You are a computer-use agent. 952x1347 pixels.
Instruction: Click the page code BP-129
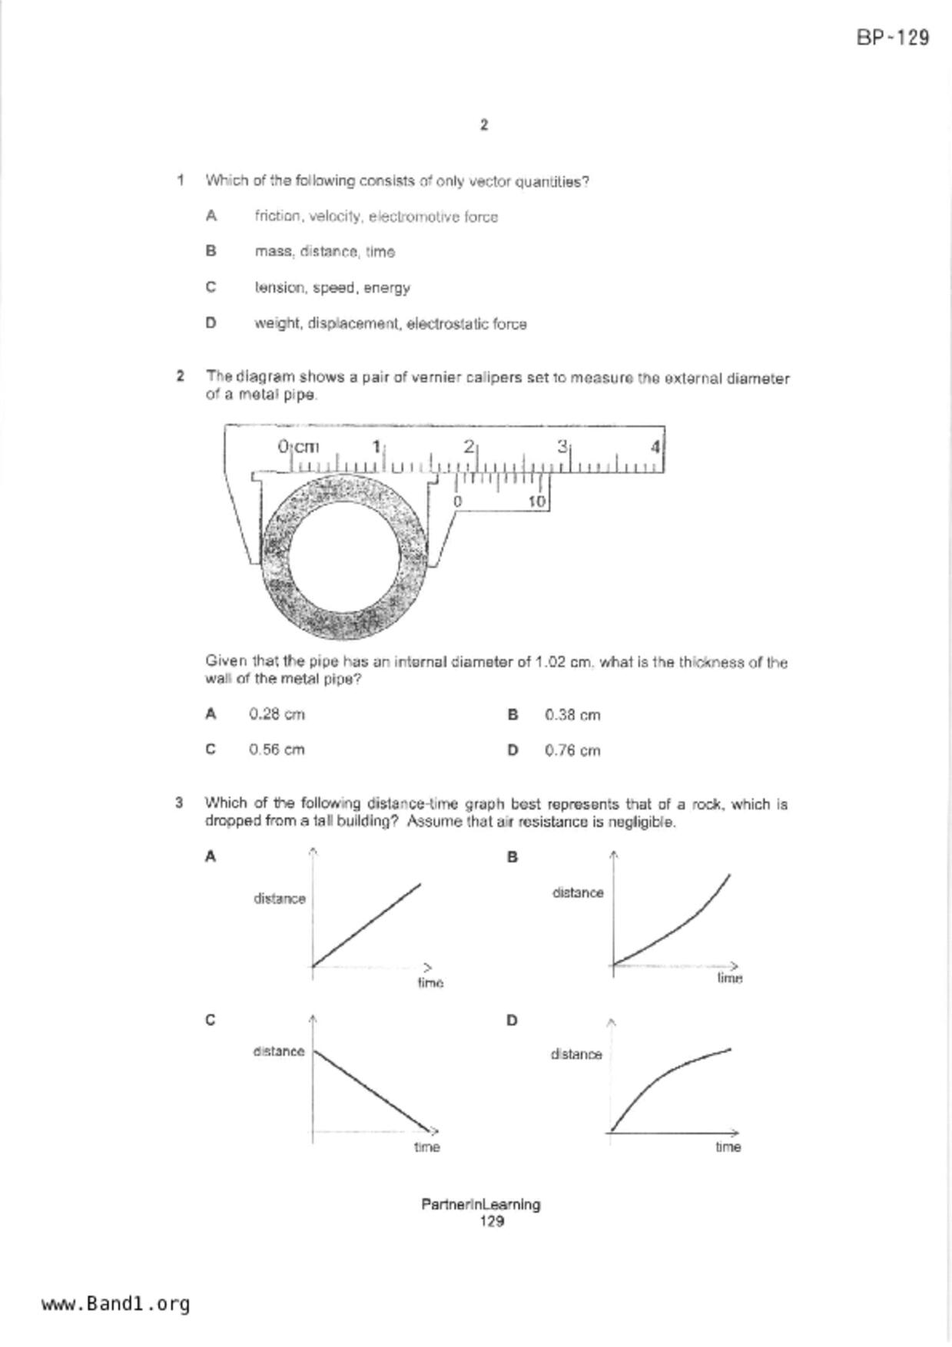point(892,38)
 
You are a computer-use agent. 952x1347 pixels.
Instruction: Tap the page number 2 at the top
point(483,125)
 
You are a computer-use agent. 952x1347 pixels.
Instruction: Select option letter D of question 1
point(211,323)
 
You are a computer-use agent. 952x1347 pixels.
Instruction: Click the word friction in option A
point(277,217)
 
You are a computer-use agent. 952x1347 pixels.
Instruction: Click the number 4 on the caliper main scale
point(655,446)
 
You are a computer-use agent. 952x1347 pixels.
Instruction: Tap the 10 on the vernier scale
point(537,501)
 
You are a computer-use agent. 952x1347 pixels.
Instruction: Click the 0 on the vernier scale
point(457,501)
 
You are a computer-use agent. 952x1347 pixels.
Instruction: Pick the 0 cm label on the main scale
point(298,446)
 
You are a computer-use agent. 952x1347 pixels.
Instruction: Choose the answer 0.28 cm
point(277,714)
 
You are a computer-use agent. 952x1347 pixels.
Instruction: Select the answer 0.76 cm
point(572,750)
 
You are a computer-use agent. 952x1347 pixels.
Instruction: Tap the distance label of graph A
point(280,899)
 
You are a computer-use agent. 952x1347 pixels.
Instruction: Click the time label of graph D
point(728,1147)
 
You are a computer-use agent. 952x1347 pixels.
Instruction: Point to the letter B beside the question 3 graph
point(512,857)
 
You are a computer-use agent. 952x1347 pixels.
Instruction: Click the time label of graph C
point(426,1147)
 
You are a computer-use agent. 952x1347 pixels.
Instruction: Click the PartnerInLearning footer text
point(480,1204)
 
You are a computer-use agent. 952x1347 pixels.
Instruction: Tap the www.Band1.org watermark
point(116,1303)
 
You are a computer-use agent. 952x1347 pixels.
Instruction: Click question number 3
point(179,803)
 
